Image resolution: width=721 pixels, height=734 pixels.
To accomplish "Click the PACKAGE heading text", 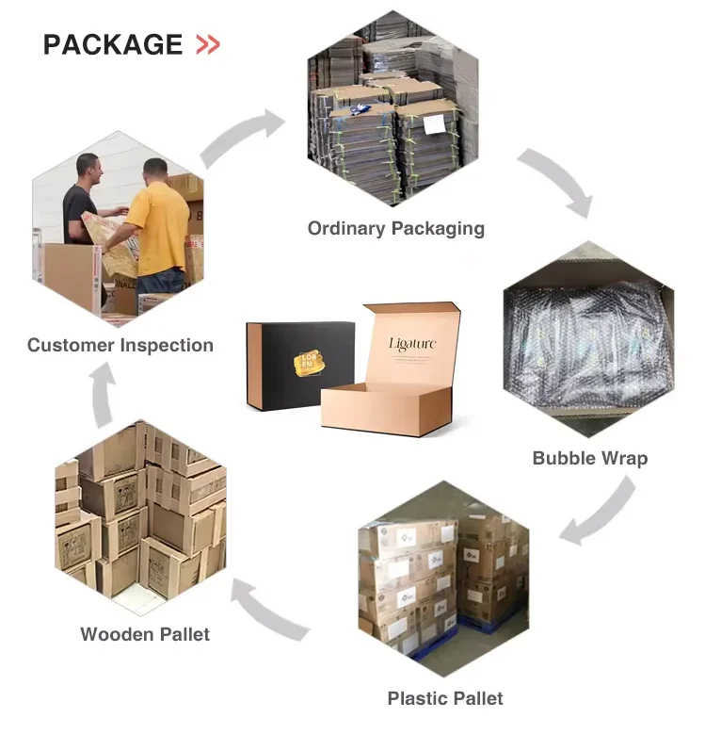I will pyautogui.click(x=112, y=44).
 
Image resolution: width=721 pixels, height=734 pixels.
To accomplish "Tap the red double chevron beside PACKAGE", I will pyautogui.click(x=207, y=44).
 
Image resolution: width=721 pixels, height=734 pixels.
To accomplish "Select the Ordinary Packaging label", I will pyautogui.click(x=395, y=228).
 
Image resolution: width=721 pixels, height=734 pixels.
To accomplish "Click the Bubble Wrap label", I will pyautogui.click(x=589, y=459).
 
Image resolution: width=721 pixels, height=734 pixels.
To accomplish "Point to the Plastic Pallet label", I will pyautogui.click(x=444, y=698).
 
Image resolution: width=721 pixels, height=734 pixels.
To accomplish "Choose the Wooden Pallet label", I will pyautogui.click(x=145, y=633).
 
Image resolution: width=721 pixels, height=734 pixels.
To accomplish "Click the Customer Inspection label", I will pyautogui.click(x=120, y=345).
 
